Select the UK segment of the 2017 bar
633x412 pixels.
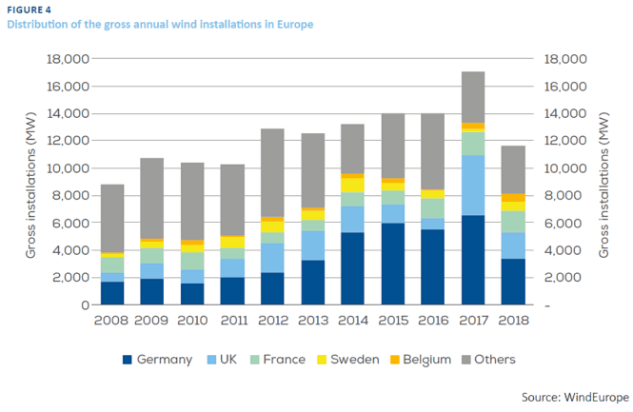(x=474, y=186)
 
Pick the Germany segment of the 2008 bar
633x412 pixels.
(x=111, y=293)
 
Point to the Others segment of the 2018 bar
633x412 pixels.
(x=514, y=169)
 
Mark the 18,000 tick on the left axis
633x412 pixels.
(x=67, y=59)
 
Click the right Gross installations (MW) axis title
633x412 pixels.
(x=606, y=182)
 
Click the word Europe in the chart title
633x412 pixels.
(x=291, y=24)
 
